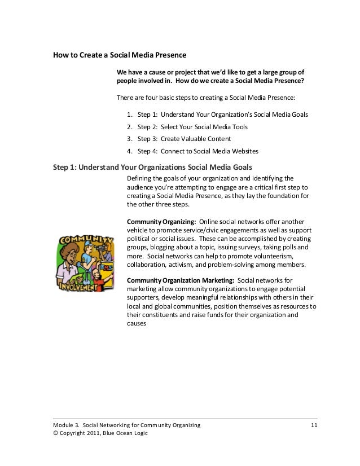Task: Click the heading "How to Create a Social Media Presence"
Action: tap(119, 56)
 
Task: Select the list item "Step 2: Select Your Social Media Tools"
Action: tap(192, 127)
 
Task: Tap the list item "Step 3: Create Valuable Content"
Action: tap(184, 139)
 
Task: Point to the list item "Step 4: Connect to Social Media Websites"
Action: tap(197, 151)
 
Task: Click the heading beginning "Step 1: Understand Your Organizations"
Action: tap(152, 167)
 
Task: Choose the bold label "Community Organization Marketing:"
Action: tap(181, 280)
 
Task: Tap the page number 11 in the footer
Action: tap(314, 424)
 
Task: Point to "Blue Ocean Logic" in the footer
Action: tap(130, 433)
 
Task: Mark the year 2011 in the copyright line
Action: tap(95, 433)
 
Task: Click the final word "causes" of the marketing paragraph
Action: tap(137, 324)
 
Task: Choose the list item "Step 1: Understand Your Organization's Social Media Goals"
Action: tap(223, 115)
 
